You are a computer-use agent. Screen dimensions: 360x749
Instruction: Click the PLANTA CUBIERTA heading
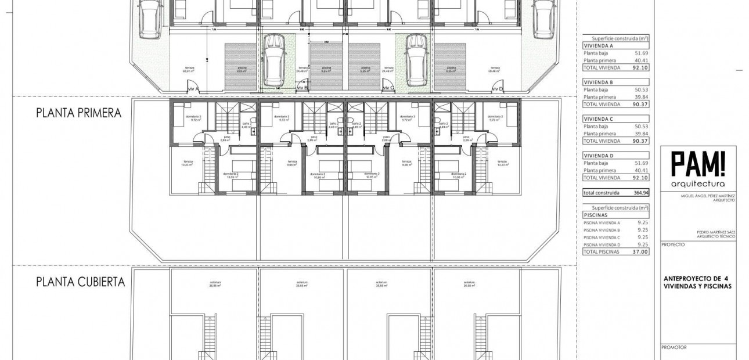click(80, 283)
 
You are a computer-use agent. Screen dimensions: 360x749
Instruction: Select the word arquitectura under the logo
click(698, 184)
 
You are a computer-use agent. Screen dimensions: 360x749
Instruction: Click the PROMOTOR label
click(674, 348)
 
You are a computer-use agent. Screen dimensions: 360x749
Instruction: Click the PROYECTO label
click(674, 245)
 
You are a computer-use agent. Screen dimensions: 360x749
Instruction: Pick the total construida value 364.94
click(637, 193)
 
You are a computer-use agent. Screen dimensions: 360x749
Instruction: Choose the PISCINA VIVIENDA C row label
click(602, 237)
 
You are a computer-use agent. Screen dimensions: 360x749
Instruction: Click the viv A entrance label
click(194, 89)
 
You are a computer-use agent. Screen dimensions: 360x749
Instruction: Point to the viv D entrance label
click(497, 89)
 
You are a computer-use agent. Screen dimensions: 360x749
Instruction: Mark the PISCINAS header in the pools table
click(596, 214)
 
